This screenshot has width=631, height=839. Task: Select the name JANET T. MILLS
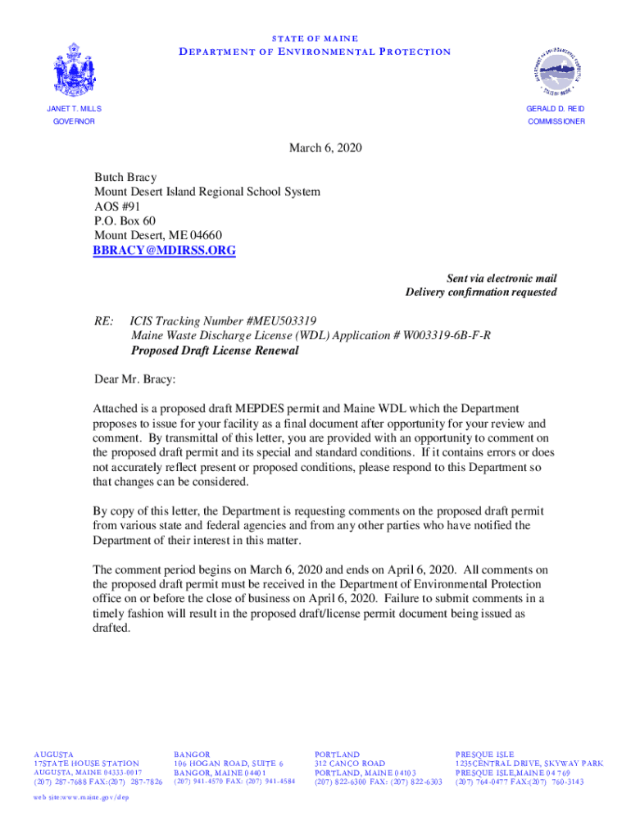(74, 109)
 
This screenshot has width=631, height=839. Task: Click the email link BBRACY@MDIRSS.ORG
(164, 251)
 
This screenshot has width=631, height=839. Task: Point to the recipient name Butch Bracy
(125, 177)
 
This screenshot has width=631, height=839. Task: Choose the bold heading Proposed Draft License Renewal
(215, 351)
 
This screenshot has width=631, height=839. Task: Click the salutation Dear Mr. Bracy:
(134, 379)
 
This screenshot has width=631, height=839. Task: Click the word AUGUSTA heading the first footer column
(53, 754)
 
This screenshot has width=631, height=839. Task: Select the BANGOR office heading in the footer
(192, 754)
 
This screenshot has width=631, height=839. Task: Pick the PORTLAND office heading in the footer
(337, 754)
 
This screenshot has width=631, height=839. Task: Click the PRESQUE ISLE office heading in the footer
(484, 754)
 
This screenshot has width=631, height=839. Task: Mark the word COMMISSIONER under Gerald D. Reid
(556, 121)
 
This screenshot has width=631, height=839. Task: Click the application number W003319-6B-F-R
(447, 336)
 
